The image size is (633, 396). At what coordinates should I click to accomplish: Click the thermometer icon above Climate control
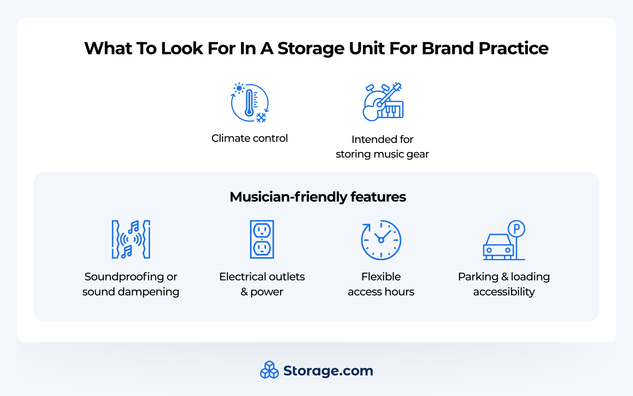click(249, 103)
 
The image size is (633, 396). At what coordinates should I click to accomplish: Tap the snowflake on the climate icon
click(261, 117)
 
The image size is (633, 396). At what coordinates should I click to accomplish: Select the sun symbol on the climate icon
click(239, 88)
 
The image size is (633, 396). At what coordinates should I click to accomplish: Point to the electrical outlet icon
click(262, 239)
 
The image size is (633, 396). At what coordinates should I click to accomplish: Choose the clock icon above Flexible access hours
click(381, 240)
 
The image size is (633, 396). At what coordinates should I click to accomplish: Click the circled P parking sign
click(516, 229)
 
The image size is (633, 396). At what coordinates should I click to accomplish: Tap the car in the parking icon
click(498, 246)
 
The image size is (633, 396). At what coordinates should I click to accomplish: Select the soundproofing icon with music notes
click(131, 239)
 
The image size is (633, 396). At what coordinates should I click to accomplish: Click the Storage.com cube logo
click(269, 370)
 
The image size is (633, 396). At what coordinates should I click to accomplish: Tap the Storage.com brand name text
click(328, 371)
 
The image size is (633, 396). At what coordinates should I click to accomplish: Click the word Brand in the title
click(447, 48)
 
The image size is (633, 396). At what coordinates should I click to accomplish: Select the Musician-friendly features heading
click(318, 197)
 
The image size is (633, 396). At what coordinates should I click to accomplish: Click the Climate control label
click(249, 138)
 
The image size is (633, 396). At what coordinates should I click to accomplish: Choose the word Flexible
click(381, 276)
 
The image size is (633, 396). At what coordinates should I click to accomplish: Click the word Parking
click(478, 276)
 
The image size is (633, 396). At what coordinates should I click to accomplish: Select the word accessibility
click(504, 292)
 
